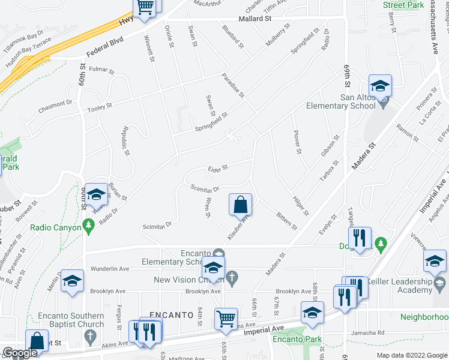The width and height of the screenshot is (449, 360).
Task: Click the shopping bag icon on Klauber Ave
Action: tap(240, 204)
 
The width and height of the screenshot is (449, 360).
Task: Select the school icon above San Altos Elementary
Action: tap(379, 86)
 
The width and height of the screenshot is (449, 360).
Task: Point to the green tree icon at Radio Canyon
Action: tap(89, 225)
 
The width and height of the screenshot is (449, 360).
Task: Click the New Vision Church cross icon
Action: tap(235, 277)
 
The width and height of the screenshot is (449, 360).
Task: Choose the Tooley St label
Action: tap(100, 107)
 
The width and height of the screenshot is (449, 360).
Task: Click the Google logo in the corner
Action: tap(20, 353)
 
